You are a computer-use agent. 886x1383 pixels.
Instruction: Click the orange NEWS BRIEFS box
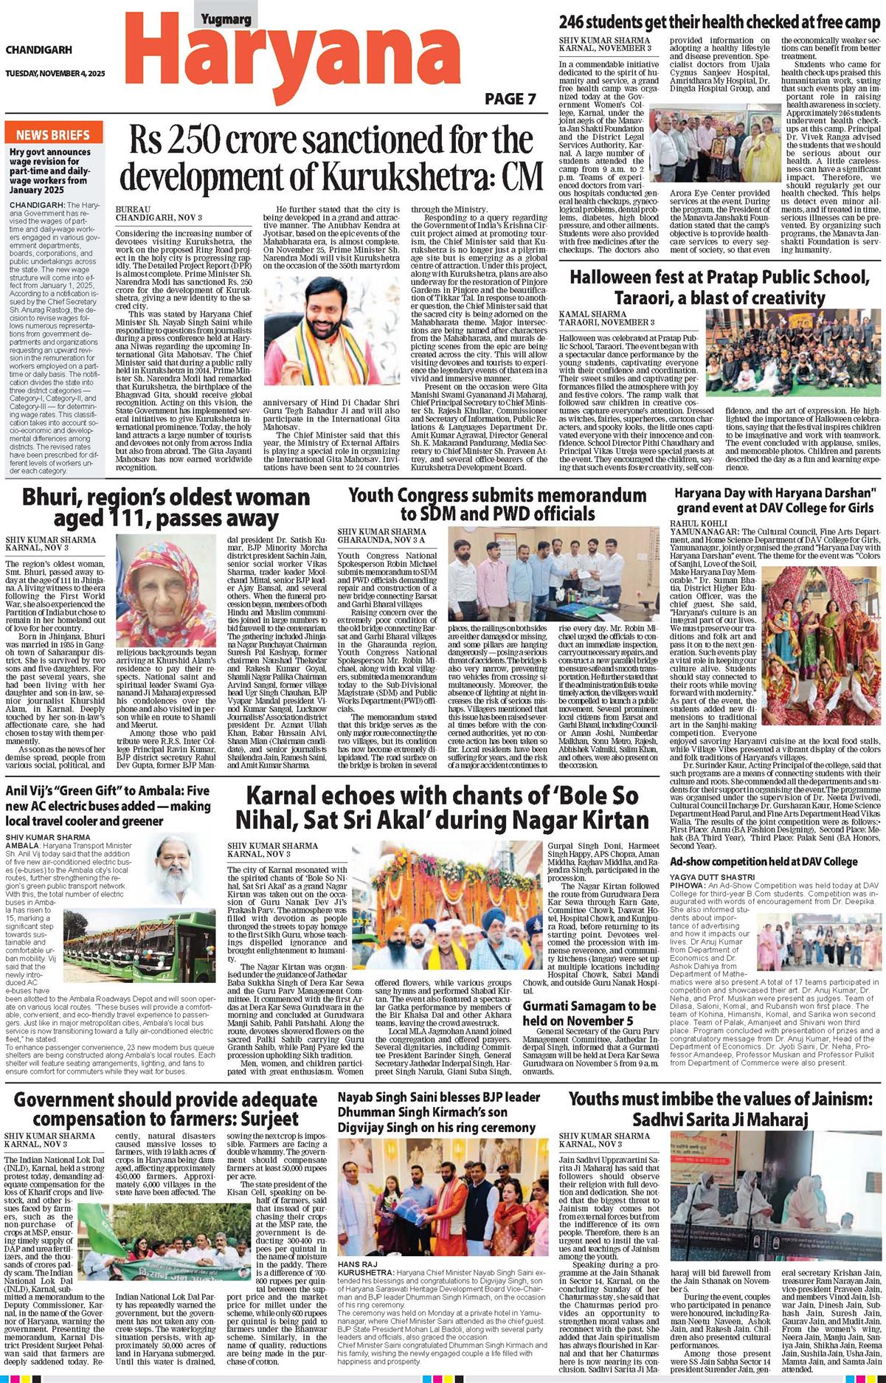53,135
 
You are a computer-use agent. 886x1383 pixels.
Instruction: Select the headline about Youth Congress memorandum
497,503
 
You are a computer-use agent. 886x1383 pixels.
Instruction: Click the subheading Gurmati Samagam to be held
589,1013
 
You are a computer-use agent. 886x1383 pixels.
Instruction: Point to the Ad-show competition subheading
764,861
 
